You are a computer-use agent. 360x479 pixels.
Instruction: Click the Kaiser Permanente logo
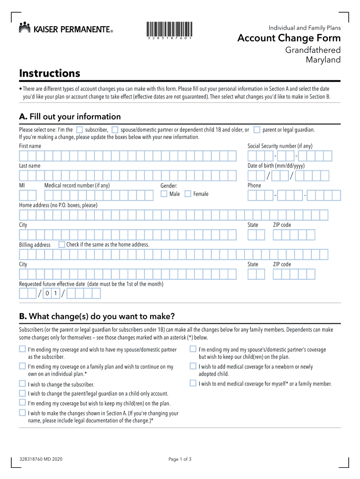(65, 29)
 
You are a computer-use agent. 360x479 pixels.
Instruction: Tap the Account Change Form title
(289, 38)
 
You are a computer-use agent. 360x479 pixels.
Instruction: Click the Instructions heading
(50, 73)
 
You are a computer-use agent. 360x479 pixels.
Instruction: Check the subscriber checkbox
(79, 130)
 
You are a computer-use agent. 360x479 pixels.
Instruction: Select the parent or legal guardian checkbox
(257, 130)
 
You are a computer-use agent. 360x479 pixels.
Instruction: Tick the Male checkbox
(164, 194)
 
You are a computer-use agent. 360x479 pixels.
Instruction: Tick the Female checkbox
(188, 194)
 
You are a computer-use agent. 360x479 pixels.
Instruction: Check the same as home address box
(62, 244)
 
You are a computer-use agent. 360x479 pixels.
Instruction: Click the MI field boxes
(28, 196)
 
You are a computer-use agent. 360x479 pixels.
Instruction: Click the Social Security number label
(280, 146)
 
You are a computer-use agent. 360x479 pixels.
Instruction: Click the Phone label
(254, 185)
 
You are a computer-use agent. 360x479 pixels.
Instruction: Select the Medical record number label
(77, 185)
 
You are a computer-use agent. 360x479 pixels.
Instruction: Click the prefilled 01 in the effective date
(51, 293)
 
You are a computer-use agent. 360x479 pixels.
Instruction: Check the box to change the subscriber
(22, 385)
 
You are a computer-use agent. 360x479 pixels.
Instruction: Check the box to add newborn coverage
(193, 366)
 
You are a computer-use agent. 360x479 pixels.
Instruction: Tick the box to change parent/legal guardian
(22, 393)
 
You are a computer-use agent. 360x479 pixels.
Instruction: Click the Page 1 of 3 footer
(180, 459)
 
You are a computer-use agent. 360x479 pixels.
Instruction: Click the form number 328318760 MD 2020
(42, 459)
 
